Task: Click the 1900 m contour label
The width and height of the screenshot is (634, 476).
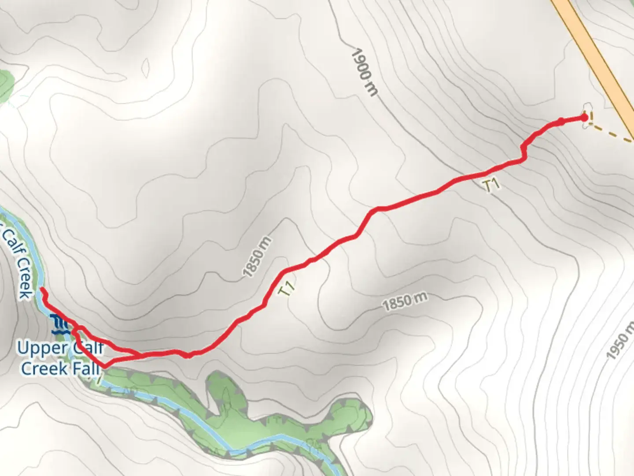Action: pyautogui.click(x=364, y=72)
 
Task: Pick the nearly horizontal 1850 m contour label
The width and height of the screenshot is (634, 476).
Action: pyautogui.click(x=404, y=302)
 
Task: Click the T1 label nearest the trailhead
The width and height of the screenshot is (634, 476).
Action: pyautogui.click(x=492, y=185)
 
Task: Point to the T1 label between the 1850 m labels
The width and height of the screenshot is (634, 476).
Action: pyautogui.click(x=287, y=288)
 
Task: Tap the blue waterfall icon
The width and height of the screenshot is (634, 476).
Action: pyautogui.click(x=59, y=324)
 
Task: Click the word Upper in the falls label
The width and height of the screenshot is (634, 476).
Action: pyautogui.click(x=41, y=349)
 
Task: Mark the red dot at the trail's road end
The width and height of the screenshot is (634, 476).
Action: pyautogui.click(x=584, y=117)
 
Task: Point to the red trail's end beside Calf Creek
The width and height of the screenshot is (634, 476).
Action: pyautogui.click(x=42, y=290)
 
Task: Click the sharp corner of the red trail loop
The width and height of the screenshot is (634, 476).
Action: pyautogui.click(x=104, y=366)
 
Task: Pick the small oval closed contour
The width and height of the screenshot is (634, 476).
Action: pyautogui.click(x=145, y=67)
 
